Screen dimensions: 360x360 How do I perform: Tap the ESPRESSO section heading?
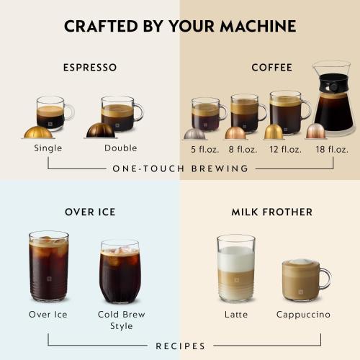pos(90,68)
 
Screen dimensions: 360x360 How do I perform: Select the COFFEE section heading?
pos(271,68)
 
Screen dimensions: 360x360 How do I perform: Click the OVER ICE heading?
pos(90,212)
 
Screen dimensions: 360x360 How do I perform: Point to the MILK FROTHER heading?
pos(271,212)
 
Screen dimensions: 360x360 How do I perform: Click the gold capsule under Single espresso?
pos(38,132)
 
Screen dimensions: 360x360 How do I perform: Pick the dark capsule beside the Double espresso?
pos(100,131)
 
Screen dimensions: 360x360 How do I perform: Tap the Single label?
pos(48,148)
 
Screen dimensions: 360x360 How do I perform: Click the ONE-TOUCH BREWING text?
pos(180,168)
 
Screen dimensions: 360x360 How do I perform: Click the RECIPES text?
pos(180,346)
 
